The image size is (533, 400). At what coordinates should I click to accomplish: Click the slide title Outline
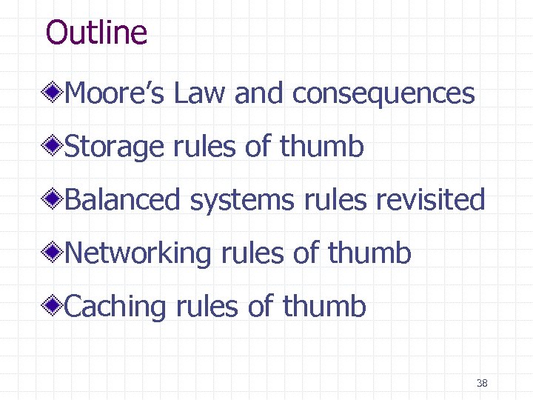pyautogui.click(x=96, y=33)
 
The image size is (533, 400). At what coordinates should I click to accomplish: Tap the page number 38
pyautogui.click(x=482, y=383)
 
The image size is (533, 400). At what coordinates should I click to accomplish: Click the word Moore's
pyautogui.click(x=117, y=93)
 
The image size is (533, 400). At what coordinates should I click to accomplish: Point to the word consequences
pyautogui.click(x=383, y=93)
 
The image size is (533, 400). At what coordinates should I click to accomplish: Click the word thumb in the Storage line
pyautogui.click(x=322, y=147)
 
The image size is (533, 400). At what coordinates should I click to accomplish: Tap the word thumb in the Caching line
pyautogui.click(x=324, y=306)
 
